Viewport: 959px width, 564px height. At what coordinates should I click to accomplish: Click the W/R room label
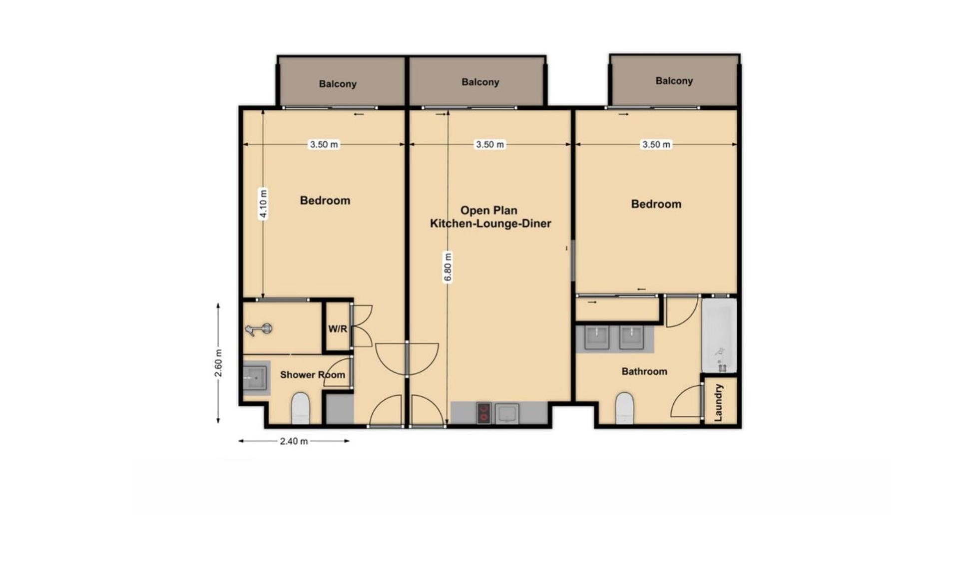(x=337, y=329)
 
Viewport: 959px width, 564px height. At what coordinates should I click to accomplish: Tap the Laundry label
(x=718, y=402)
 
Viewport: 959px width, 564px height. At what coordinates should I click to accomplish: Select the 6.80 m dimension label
(x=448, y=268)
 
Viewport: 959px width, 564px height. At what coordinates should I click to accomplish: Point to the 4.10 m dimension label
(x=263, y=204)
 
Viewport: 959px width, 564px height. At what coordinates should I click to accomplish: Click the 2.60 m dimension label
(x=218, y=364)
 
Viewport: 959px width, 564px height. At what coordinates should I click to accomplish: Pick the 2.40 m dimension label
(x=294, y=441)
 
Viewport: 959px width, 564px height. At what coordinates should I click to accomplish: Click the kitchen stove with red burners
(x=483, y=413)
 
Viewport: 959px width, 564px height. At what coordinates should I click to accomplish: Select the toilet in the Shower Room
(x=300, y=408)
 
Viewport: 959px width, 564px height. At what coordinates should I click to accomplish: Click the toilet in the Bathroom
(x=624, y=408)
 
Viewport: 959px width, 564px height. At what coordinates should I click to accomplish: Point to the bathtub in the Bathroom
(x=719, y=335)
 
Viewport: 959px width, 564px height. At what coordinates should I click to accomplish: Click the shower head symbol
(x=259, y=329)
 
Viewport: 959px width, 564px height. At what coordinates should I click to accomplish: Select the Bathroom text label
(x=644, y=371)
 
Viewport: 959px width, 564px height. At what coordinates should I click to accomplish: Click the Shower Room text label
(x=312, y=374)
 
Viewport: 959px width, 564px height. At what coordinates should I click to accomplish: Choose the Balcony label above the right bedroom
(x=674, y=81)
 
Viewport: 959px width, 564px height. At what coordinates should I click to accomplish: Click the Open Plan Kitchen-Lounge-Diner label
(x=490, y=217)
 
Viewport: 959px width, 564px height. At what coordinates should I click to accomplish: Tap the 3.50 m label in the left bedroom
(x=324, y=144)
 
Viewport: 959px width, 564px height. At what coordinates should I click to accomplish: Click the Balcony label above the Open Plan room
(x=480, y=82)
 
